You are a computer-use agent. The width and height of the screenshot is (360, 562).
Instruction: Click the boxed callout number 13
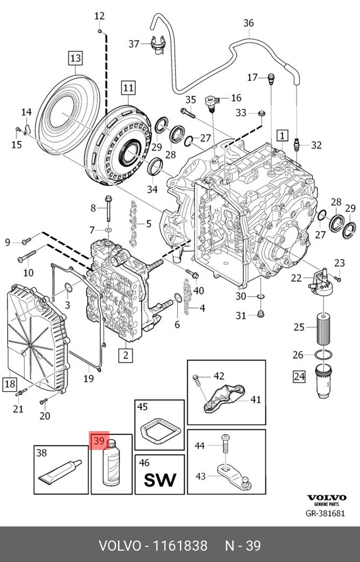click(x=75, y=57)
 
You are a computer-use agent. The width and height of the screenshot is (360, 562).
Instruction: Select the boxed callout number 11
click(x=129, y=87)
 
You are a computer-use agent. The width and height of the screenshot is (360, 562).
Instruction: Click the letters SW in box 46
click(x=160, y=479)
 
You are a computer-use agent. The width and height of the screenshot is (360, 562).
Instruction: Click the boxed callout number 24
click(x=299, y=375)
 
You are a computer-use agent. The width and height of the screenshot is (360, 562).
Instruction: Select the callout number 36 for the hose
click(x=249, y=23)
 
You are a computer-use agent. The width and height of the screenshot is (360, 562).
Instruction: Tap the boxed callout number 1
click(x=281, y=135)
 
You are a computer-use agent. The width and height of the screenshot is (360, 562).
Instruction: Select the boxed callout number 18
click(x=10, y=384)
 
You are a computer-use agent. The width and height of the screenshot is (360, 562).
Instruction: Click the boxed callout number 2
click(x=125, y=355)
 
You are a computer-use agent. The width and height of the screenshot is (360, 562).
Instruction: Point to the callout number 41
click(x=255, y=400)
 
